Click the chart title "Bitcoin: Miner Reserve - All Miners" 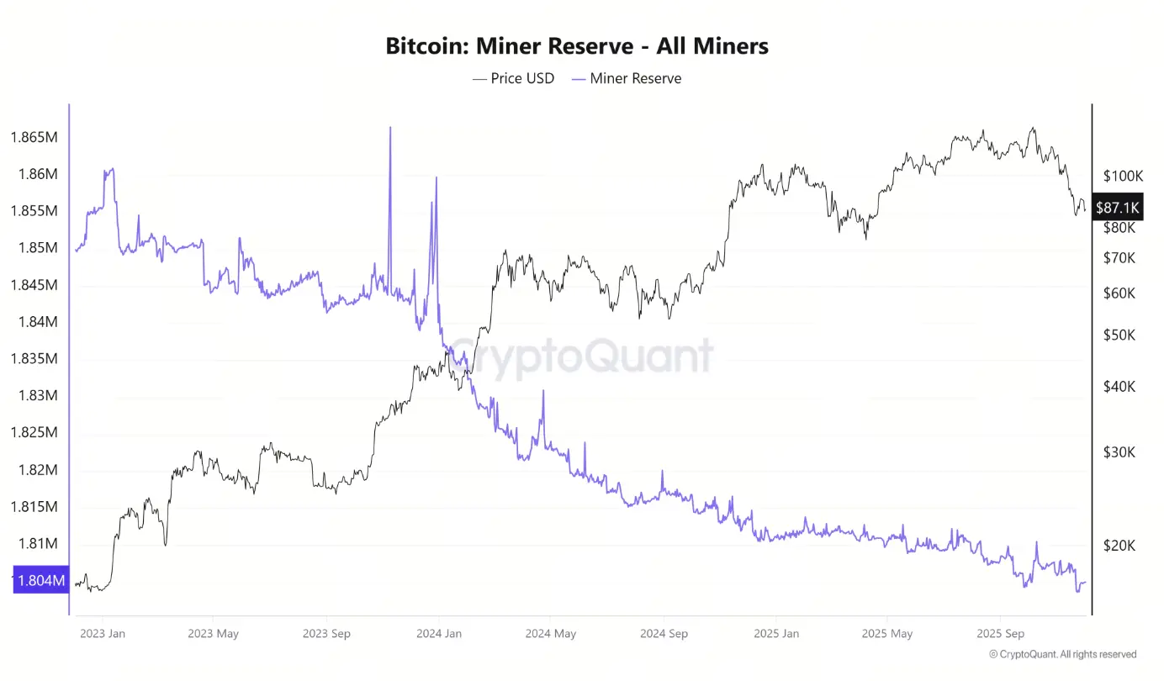pyautogui.click(x=577, y=46)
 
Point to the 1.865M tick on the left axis pyautogui.click(x=34, y=137)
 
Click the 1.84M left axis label pyautogui.click(x=34, y=322)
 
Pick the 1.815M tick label pyautogui.click(x=34, y=507)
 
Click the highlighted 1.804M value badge pyautogui.click(x=40, y=580)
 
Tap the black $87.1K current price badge pyautogui.click(x=1117, y=207)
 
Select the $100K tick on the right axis pyautogui.click(x=1123, y=177)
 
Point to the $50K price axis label pyautogui.click(x=1119, y=335)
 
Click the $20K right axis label pyautogui.click(x=1119, y=546)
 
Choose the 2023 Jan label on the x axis pyautogui.click(x=103, y=633)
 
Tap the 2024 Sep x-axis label pyautogui.click(x=664, y=633)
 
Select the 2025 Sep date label pyautogui.click(x=1001, y=633)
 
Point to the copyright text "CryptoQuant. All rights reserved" pyautogui.click(x=1062, y=654)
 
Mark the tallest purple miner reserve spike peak pyautogui.click(x=390, y=128)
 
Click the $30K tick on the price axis pyautogui.click(x=1119, y=452)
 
